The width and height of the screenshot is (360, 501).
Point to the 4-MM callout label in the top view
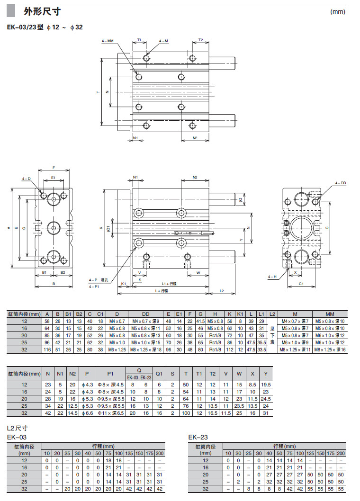click(x=108, y=41)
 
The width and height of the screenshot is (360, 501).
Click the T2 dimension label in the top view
click(x=200, y=40)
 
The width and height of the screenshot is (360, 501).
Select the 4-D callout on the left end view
click(x=26, y=179)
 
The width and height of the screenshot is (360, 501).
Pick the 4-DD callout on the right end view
click(x=341, y=182)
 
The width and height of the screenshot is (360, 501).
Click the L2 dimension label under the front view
click(x=222, y=290)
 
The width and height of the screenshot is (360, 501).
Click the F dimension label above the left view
click(x=54, y=168)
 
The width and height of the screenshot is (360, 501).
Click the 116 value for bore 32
click(x=47, y=349)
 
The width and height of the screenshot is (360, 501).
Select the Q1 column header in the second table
click(x=159, y=374)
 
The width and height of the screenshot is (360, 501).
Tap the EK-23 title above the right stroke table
click(x=198, y=437)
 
